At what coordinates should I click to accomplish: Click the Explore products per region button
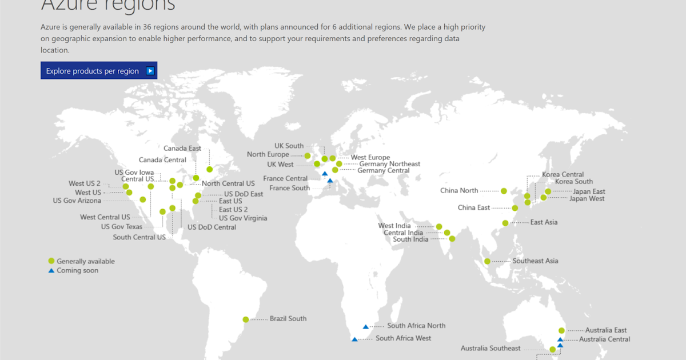(x=99, y=71)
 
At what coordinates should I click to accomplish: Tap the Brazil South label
(x=288, y=319)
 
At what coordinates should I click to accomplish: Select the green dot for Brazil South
(x=246, y=319)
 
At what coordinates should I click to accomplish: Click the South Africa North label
(x=416, y=326)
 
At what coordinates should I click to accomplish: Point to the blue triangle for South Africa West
(x=354, y=339)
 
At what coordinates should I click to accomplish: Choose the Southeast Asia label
(x=535, y=261)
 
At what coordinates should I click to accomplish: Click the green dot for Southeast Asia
(x=487, y=262)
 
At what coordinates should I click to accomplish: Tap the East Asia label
(x=544, y=222)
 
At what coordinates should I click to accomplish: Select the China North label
(x=459, y=191)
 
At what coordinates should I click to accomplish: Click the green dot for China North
(x=504, y=191)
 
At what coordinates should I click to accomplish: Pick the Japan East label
(x=589, y=191)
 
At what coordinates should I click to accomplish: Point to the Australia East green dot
(x=561, y=330)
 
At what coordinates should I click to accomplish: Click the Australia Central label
(x=604, y=339)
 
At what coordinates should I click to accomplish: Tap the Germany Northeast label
(x=389, y=164)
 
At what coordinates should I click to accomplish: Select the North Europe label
(x=268, y=155)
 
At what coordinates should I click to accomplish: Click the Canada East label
(x=182, y=149)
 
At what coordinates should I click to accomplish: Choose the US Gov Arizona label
(x=77, y=201)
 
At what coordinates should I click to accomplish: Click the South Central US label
(x=139, y=237)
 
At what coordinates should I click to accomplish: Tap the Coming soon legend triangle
(x=51, y=270)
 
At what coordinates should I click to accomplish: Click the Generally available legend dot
(x=51, y=261)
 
